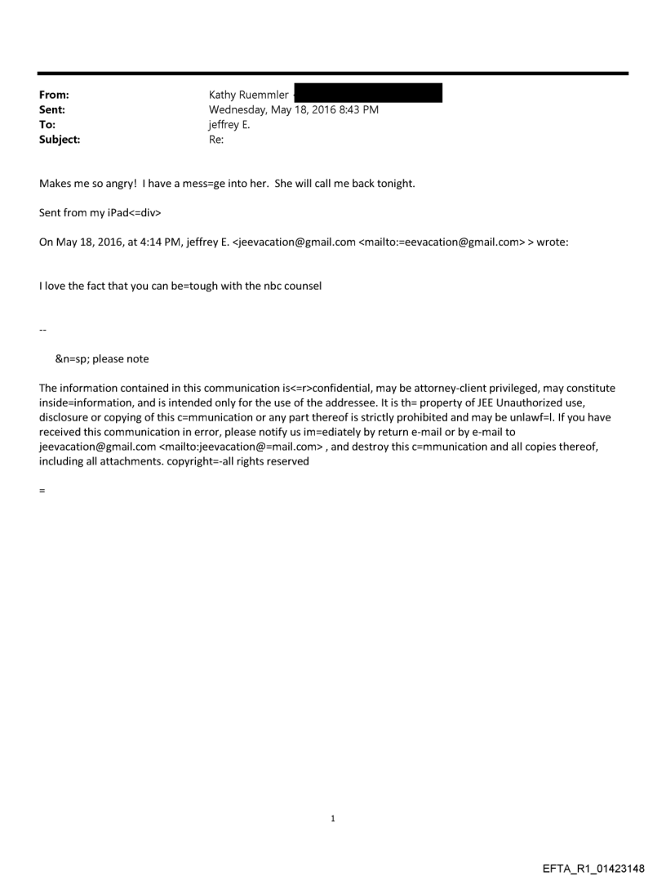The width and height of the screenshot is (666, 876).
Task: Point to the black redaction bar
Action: coord(367,93)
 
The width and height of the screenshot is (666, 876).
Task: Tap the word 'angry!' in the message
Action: coord(118,184)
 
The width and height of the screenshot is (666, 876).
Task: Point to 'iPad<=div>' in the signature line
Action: coord(122,213)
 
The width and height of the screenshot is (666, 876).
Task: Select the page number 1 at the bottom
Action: coord(333,818)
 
